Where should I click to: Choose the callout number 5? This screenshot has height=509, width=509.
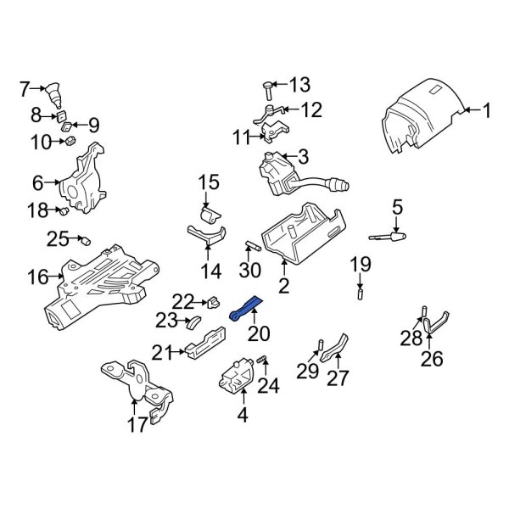coord(395,205)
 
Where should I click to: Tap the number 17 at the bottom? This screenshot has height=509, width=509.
coord(137,425)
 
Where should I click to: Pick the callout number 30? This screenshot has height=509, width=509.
coord(248,271)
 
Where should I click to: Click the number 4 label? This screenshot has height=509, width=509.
coord(243,416)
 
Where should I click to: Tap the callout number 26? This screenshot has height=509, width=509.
coord(431,360)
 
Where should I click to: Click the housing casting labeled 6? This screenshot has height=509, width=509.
coord(83,178)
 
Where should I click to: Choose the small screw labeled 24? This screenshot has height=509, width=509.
coord(262,364)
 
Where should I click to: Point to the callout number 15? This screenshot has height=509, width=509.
coord(209,182)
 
